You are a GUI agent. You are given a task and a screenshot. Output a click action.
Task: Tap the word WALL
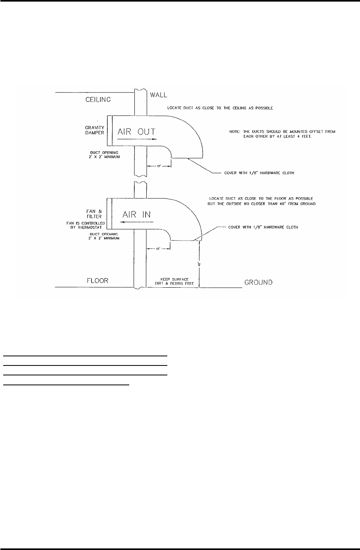coord(159,95)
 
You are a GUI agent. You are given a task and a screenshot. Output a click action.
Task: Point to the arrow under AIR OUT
coord(135,139)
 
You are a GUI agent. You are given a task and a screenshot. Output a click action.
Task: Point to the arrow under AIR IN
coord(136,222)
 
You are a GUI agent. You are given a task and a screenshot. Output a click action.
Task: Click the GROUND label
coord(258,283)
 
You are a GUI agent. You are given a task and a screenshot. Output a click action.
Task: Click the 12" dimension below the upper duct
coord(159,167)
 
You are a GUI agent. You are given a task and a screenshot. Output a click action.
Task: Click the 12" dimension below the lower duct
coord(159,249)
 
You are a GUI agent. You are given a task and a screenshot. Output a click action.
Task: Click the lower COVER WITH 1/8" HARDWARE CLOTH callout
coord(262,227)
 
